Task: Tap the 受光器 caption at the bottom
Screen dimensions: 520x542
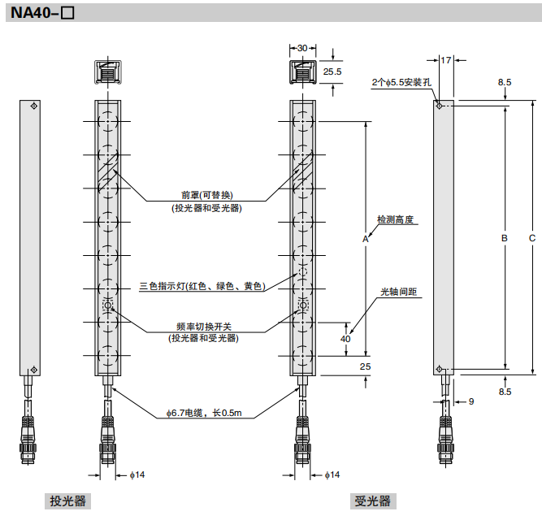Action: tap(371, 500)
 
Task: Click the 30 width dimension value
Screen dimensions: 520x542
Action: tap(302, 49)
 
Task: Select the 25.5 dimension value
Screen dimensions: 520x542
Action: tap(332, 71)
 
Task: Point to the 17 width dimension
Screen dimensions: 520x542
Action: tap(445, 59)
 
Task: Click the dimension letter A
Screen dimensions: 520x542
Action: tap(366, 240)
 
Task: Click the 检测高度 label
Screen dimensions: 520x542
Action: tap(397, 220)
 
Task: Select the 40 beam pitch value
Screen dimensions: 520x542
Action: tap(345, 338)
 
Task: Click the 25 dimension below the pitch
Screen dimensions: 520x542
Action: tap(365, 367)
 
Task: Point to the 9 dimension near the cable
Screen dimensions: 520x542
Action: tap(470, 401)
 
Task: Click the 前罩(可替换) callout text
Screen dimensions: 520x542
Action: tap(206, 195)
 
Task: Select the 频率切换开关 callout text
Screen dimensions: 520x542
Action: tap(203, 326)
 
